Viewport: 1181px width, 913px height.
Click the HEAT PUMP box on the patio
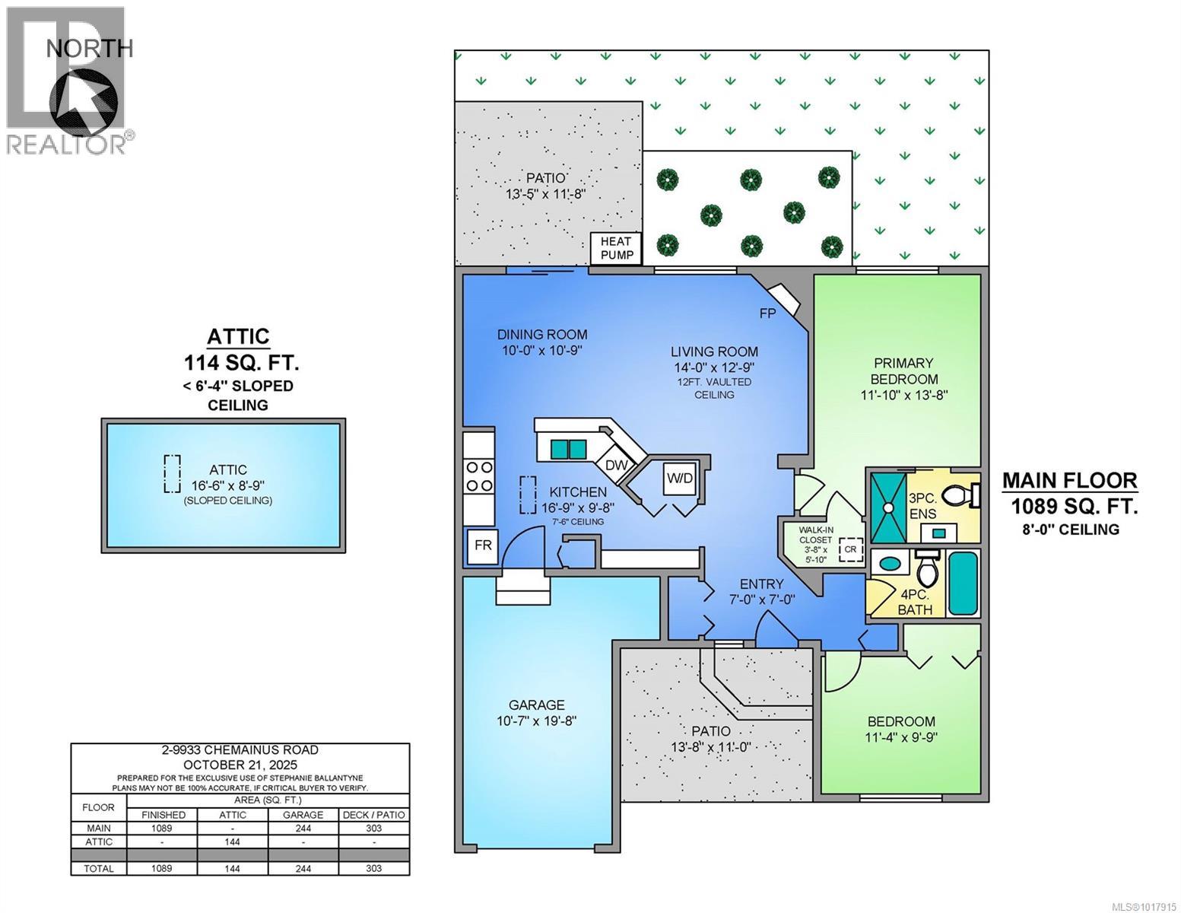coord(617,248)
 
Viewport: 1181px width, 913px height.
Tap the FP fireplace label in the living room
coord(767,313)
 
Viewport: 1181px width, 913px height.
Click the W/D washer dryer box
coord(680,479)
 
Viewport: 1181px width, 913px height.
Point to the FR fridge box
coord(482,546)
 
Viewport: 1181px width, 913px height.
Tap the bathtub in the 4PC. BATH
coord(962,584)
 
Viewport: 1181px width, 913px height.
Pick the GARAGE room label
coord(537,705)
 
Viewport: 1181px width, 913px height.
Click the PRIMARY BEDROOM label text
coord(904,371)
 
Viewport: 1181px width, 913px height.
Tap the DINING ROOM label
coord(542,334)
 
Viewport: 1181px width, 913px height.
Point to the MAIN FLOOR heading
coord(1069,481)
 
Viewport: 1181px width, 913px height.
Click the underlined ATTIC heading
coord(238,336)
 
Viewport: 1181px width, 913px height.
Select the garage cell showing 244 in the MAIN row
coord(303,829)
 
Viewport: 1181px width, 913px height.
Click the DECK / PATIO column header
coord(373,815)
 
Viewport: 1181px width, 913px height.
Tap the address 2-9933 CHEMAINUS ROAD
coord(240,750)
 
